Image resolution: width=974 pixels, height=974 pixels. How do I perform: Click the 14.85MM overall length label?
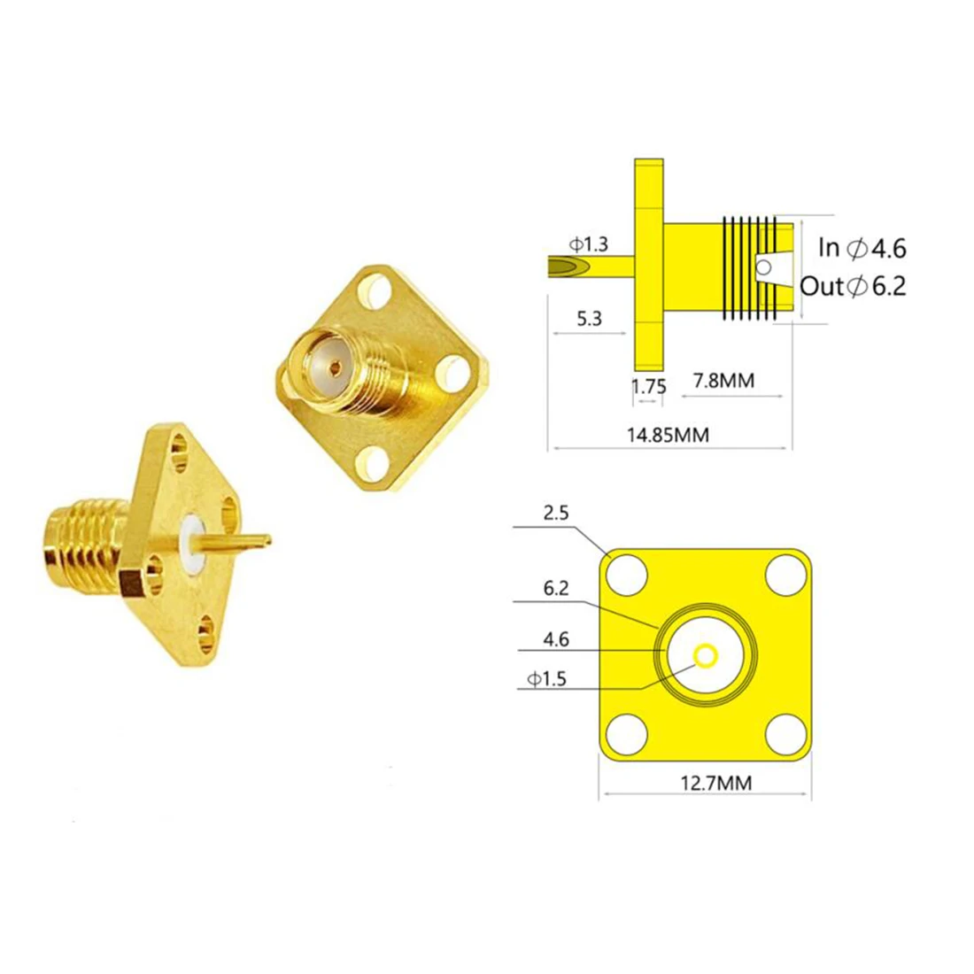click(x=668, y=435)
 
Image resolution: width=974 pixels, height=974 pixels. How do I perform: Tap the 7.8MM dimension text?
click(x=723, y=381)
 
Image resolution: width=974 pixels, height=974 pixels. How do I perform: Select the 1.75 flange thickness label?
click(x=648, y=386)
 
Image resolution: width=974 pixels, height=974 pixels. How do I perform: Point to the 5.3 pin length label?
click(x=589, y=318)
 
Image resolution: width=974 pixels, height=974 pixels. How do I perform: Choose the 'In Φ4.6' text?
click(x=862, y=248)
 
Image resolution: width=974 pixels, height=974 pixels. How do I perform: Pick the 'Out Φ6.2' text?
click(x=853, y=286)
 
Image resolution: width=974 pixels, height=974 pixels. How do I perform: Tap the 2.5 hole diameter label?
click(x=556, y=513)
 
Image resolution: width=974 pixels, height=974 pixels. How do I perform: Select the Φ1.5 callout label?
click(x=546, y=679)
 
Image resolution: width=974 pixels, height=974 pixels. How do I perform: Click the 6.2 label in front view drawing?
click(x=556, y=587)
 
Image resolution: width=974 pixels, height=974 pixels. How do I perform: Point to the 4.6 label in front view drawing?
click(x=556, y=638)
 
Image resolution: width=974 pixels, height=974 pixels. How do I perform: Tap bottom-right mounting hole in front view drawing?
click(x=783, y=731)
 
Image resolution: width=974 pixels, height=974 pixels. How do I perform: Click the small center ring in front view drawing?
click(x=706, y=655)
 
